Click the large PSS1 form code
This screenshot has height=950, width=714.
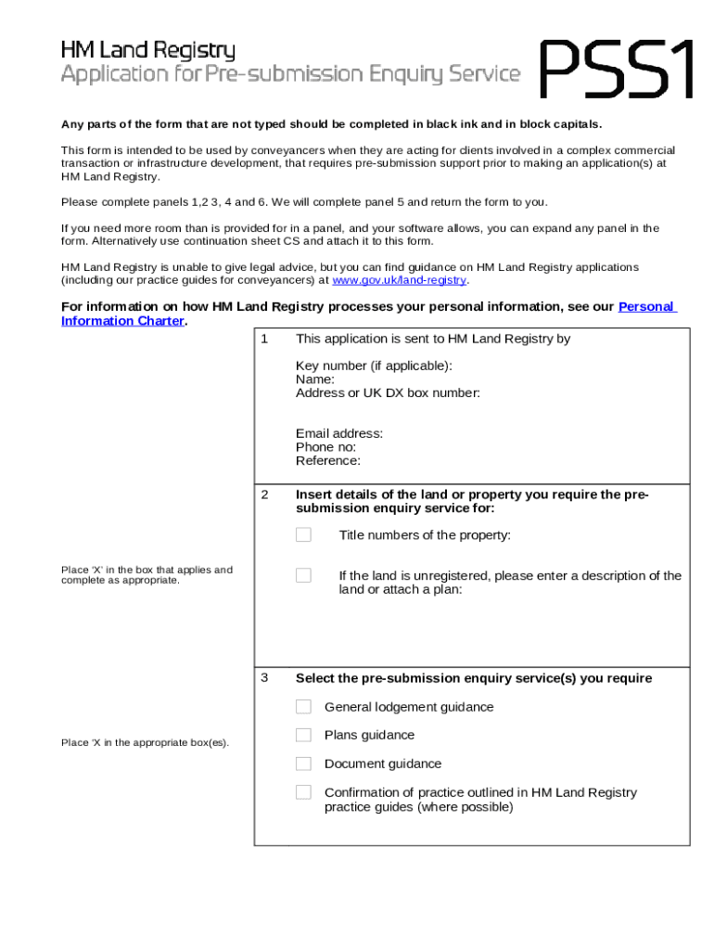click(x=617, y=69)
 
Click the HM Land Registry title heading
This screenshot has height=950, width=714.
click(x=148, y=50)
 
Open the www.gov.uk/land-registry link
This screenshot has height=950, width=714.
click(x=399, y=280)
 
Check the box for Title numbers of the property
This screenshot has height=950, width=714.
click(x=303, y=534)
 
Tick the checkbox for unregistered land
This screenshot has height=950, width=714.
click(x=303, y=575)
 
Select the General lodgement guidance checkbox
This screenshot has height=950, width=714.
click(x=303, y=707)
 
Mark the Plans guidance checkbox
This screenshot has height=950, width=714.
click(x=303, y=735)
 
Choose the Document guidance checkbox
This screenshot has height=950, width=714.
click(x=303, y=764)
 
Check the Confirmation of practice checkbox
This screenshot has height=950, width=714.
click(x=303, y=792)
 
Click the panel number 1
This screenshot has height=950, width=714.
click(x=264, y=339)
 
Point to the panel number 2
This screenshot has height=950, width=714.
click(x=264, y=494)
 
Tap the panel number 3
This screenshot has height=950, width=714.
click(x=264, y=677)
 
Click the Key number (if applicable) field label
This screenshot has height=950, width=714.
click(x=374, y=366)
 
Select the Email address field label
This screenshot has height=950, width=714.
click(x=339, y=433)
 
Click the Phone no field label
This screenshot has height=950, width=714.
click(x=326, y=447)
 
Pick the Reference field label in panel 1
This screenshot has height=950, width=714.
click(x=328, y=461)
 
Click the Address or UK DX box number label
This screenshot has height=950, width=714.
click(x=388, y=392)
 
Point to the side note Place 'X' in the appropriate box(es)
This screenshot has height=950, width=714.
click(x=145, y=742)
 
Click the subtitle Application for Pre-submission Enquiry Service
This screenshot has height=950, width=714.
click(x=290, y=74)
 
